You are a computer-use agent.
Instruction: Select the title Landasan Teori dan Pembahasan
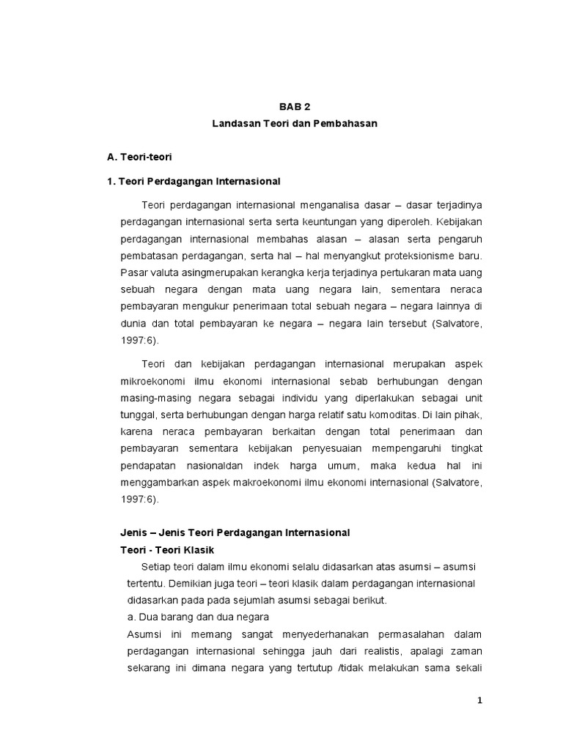click(294, 124)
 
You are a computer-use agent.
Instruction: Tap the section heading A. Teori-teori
click(139, 157)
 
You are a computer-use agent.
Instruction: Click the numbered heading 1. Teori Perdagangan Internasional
click(194, 181)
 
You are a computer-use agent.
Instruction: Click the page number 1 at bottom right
click(479, 701)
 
